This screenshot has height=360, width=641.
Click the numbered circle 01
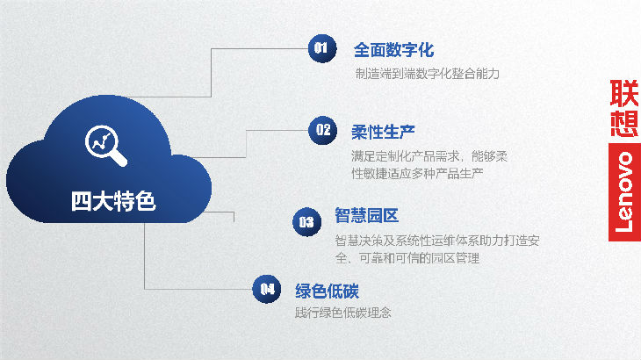coord(322,48)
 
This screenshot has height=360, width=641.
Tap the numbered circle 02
coord(322,130)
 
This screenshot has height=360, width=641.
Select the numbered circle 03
coord(307,222)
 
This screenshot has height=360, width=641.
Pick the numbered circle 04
coord(267,289)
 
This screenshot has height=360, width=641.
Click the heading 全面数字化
coord(393,50)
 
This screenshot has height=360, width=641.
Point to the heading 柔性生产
coord(383,132)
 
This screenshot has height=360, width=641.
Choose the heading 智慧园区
coord(367,215)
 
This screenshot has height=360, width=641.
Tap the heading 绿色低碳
coord(327,291)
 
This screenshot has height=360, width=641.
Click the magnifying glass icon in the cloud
coord(106,146)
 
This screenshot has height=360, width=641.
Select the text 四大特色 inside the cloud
coord(113,201)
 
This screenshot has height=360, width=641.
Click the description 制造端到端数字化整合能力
coord(428,74)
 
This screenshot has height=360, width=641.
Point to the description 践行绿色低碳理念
coord(343,313)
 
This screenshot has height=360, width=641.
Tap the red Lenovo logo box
coord(624,192)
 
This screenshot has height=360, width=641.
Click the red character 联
coord(624,93)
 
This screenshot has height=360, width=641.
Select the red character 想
coord(624,124)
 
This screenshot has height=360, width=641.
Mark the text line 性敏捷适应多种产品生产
coord(417,174)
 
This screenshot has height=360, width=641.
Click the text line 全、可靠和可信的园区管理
coord(407,258)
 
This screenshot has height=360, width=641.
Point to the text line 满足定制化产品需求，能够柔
coord(429,156)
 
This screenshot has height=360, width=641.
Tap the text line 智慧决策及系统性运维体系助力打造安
coord(437,241)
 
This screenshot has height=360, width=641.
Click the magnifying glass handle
coord(119,158)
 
